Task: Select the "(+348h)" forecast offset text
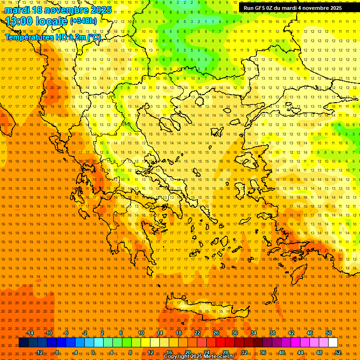[x=83, y=21]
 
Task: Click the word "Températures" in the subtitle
[x=28, y=37]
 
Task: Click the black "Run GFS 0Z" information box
[x=292, y=8]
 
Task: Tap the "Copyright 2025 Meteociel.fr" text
[x=199, y=357]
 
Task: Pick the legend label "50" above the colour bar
[x=328, y=333]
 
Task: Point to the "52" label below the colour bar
[x=338, y=352]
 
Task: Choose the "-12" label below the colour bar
[x=39, y=352]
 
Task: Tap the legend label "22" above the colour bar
[x=197, y=333]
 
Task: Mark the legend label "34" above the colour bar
[x=254, y=333]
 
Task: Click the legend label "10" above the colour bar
[x=141, y=333]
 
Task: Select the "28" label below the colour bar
[x=225, y=352]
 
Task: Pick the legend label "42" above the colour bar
[x=291, y=333]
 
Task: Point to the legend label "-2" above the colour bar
[x=85, y=333]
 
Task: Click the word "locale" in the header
[x=53, y=21]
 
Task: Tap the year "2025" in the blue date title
[x=101, y=10]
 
